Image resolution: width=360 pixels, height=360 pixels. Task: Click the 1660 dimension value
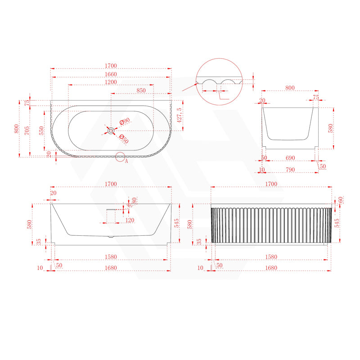pyautogui.click(x=111, y=74)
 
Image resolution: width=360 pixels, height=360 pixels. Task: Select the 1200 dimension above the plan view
pyautogui.click(x=111, y=82)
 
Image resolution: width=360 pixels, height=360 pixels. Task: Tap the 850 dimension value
pyautogui.click(x=141, y=90)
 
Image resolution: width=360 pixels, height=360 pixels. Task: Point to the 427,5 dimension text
pyautogui.click(x=179, y=115)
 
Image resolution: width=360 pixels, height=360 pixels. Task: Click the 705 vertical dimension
pyautogui.click(x=27, y=130)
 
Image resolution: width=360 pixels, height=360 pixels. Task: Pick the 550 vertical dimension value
pyautogui.click(x=41, y=130)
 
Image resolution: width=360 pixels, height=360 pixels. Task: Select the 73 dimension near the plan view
pyautogui.click(x=27, y=103)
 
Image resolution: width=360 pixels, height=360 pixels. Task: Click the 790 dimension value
pyautogui.click(x=290, y=170)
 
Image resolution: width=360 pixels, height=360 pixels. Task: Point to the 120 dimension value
pyautogui.click(x=118, y=220)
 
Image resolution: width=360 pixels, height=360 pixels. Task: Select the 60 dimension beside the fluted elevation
pyautogui.click(x=341, y=200)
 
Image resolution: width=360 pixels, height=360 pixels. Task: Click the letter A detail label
pyautogui.click(x=126, y=160)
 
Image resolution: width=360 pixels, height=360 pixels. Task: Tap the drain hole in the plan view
pyautogui.click(x=111, y=130)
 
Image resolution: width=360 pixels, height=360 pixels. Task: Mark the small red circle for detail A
pyautogui.click(x=120, y=157)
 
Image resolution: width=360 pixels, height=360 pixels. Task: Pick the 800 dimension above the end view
pyautogui.click(x=290, y=88)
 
